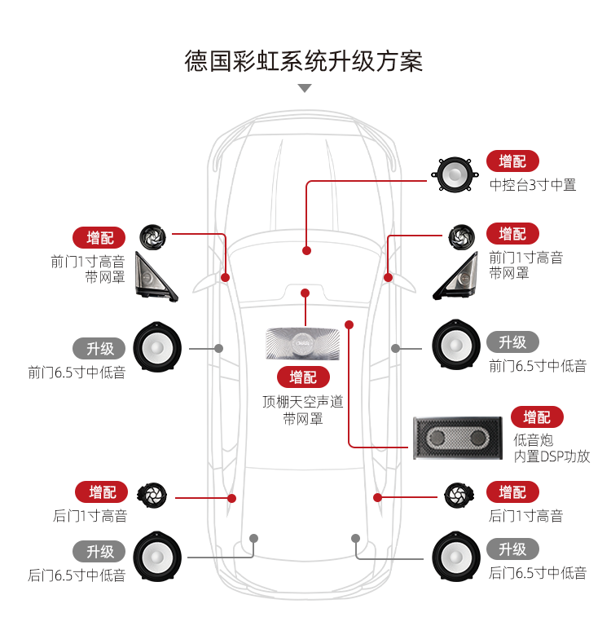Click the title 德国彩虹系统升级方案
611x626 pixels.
[x=304, y=61]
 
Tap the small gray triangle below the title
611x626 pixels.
[x=305, y=88]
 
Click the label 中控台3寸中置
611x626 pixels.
[x=532, y=185]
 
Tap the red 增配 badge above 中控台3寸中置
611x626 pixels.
[x=512, y=161]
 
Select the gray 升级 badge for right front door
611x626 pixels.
[x=512, y=342]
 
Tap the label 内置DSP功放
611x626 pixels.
[x=552, y=456]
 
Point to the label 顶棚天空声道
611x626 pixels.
[x=303, y=402]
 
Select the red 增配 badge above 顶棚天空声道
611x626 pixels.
[x=303, y=377]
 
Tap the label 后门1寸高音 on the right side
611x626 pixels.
[x=525, y=516]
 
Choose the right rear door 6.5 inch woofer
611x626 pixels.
[x=455, y=554]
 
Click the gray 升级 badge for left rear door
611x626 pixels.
[x=100, y=551]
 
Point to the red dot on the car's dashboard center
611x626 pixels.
[x=305, y=250]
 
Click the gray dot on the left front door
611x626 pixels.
[x=218, y=348]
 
